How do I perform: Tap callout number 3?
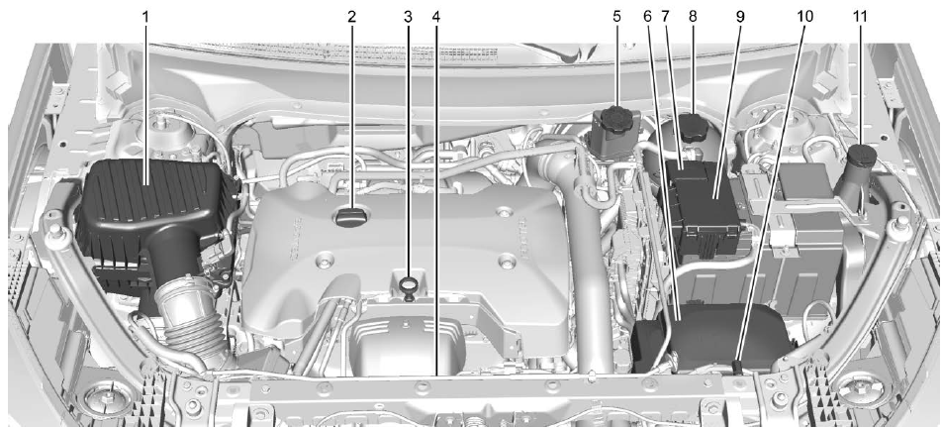click(x=406, y=16)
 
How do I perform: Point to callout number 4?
click(x=435, y=16)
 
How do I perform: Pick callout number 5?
click(x=614, y=16)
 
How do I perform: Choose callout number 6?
click(x=649, y=16)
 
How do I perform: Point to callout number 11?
click(x=860, y=16)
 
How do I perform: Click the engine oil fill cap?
click(x=350, y=216)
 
